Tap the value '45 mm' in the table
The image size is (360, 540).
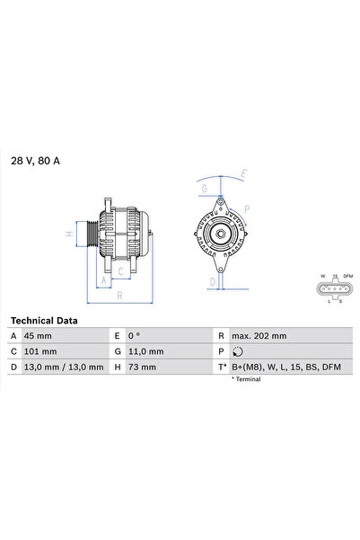pos(39,335)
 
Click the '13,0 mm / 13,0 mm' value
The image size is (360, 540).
pos(63,367)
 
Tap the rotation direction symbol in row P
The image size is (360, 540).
pos(237,351)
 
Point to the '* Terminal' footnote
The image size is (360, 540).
pos(247,380)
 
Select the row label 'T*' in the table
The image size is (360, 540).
pos(222,367)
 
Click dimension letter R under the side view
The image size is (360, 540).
pos(119,294)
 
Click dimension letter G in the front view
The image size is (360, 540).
pos(205,190)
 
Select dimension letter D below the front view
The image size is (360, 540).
pos(212,281)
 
